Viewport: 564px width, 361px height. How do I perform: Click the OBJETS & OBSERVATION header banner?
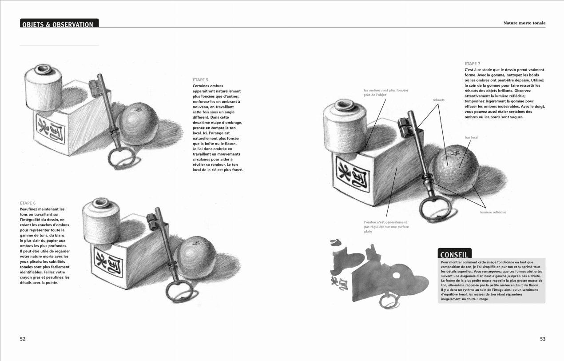(59, 24)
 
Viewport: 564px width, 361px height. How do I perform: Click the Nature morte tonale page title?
(524, 23)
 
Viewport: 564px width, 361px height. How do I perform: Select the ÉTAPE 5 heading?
(200, 80)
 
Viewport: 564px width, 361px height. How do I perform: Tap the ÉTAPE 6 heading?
(28, 203)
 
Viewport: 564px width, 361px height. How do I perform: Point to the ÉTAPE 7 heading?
(472, 64)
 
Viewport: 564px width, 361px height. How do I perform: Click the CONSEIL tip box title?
(454, 254)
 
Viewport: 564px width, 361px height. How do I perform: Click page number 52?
(23, 339)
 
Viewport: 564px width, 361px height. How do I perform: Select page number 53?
(542, 339)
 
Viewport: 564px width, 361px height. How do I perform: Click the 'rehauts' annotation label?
(438, 100)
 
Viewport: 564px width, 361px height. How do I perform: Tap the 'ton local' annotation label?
(471, 137)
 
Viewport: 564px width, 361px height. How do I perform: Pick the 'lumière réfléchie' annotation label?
(493, 212)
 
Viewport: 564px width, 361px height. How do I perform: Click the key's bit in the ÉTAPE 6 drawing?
(154, 219)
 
